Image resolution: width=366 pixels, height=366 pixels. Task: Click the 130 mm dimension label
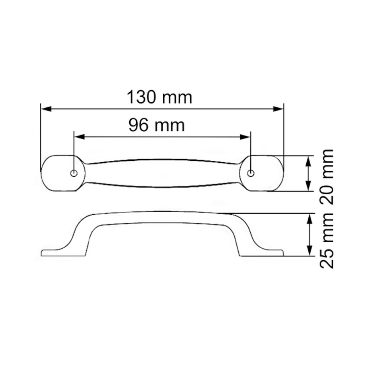point(159,97)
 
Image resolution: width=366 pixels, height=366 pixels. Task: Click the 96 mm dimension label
point(156,125)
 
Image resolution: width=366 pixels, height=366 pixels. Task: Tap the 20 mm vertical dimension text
point(327,177)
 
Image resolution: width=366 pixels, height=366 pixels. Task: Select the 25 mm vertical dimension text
point(327,240)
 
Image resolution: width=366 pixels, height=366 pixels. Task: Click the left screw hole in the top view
point(74,173)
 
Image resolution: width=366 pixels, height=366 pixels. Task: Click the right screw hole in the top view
point(250,173)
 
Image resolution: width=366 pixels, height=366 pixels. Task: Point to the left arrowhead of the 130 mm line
point(45,109)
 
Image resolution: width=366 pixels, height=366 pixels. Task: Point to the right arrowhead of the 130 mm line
point(280,109)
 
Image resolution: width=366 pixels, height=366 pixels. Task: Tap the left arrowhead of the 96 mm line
point(78,137)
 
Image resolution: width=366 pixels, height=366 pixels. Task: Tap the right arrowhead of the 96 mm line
point(246,137)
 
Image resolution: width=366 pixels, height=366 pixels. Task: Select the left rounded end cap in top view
point(58,173)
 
